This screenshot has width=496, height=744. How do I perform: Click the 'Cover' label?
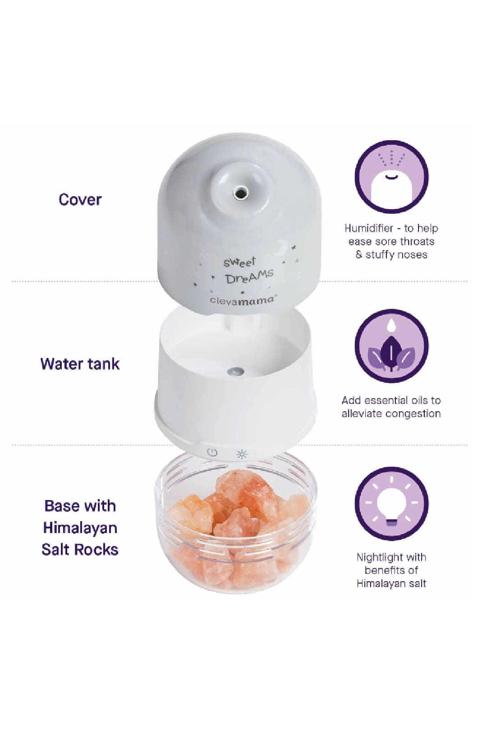(x=80, y=199)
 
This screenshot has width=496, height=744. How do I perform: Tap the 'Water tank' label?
(x=80, y=363)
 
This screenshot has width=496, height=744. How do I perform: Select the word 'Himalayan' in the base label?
(x=80, y=528)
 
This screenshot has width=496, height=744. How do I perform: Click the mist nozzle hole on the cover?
(x=240, y=193)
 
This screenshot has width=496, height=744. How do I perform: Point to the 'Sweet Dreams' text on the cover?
(x=248, y=270)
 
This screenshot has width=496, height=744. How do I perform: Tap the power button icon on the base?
(x=212, y=453)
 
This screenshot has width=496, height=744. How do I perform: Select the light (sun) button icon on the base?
(x=242, y=454)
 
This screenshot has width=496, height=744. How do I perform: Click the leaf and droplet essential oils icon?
(x=391, y=346)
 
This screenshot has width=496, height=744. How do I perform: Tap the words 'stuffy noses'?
(x=396, y=254)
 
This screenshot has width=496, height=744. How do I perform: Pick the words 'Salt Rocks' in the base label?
(x=80, y=549)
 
